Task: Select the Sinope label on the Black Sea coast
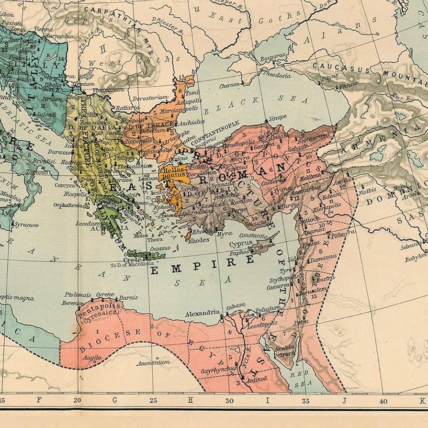(x=277, y=117)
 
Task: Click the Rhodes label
(x=199, y=240)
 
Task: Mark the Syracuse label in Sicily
(x=26, y=225)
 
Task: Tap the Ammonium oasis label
(x=153, y=363)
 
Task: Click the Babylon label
(x=415, y=259)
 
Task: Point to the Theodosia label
(x=277, y=75)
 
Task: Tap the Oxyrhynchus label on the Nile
(x=218, y=369)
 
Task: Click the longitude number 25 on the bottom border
(x=153, y=400)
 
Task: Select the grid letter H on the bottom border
(x=190, y=400)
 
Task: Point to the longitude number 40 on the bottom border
(x=383, y=400)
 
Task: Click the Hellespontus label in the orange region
(x=173, y=173)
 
